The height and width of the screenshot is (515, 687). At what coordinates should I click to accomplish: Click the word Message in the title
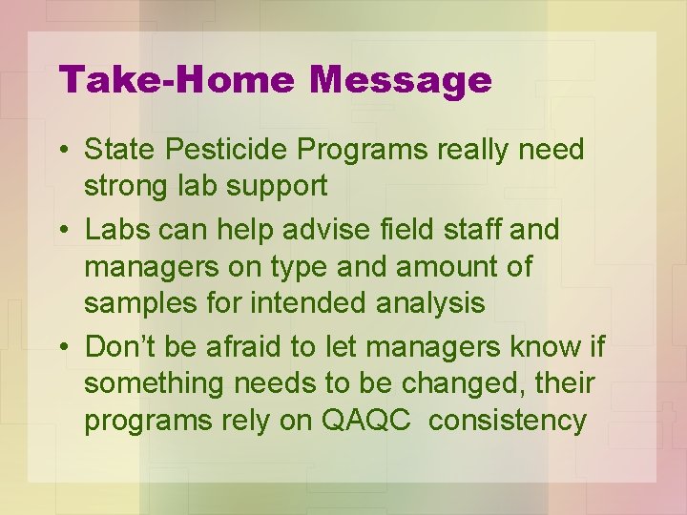tap(400, 80)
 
